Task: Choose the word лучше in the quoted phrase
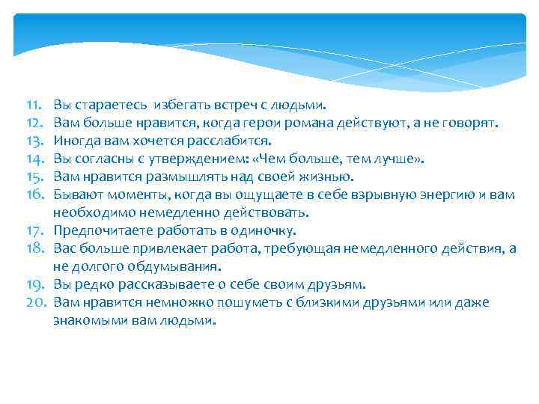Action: (400, 159)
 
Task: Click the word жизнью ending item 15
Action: (326, 177)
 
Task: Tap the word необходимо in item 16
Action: (88, 212)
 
